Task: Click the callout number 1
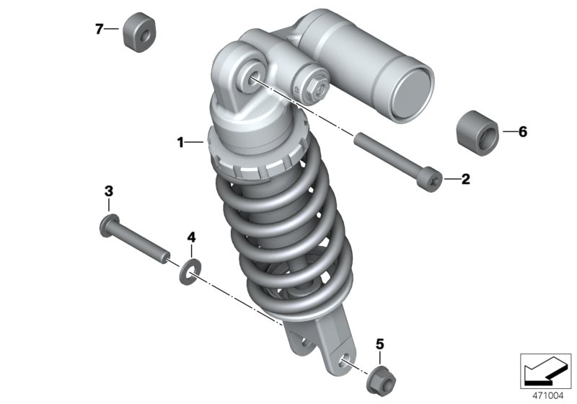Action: point(180,142)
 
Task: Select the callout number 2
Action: point(465,179)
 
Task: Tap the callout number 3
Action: point(109,191)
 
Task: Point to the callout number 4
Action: point(191,237)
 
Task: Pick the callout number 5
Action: point(380,344)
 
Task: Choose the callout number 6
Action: point(522,131)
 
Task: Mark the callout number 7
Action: point(99,29)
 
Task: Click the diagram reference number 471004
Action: point(548,396)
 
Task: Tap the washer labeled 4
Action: point(190,272)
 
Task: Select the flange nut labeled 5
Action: point(382,379)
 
